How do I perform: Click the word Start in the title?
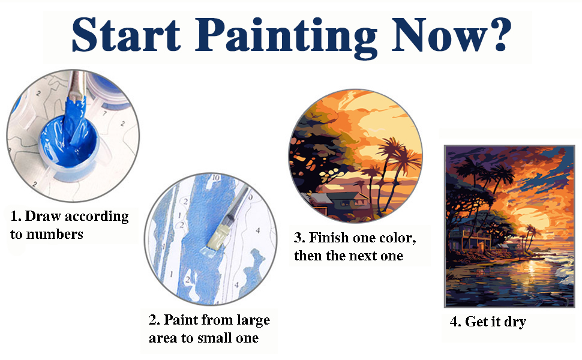pyautogui.click(x=126, y=34)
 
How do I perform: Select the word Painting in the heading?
pyautogui.click(x=286, y=37)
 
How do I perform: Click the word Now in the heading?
pyautogui.click(x=439, y=35)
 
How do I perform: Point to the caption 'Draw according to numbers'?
pyautogui.click(x=70, y=225)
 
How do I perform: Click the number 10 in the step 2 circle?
pyautogui.click(x=215, y=178)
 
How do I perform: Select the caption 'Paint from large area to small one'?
pyautogui.click(x=209, y=329)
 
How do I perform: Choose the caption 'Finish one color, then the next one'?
pyautogui.click(x=355, y=247)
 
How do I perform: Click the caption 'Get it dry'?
pyautogui.click(x=488, y=322)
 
